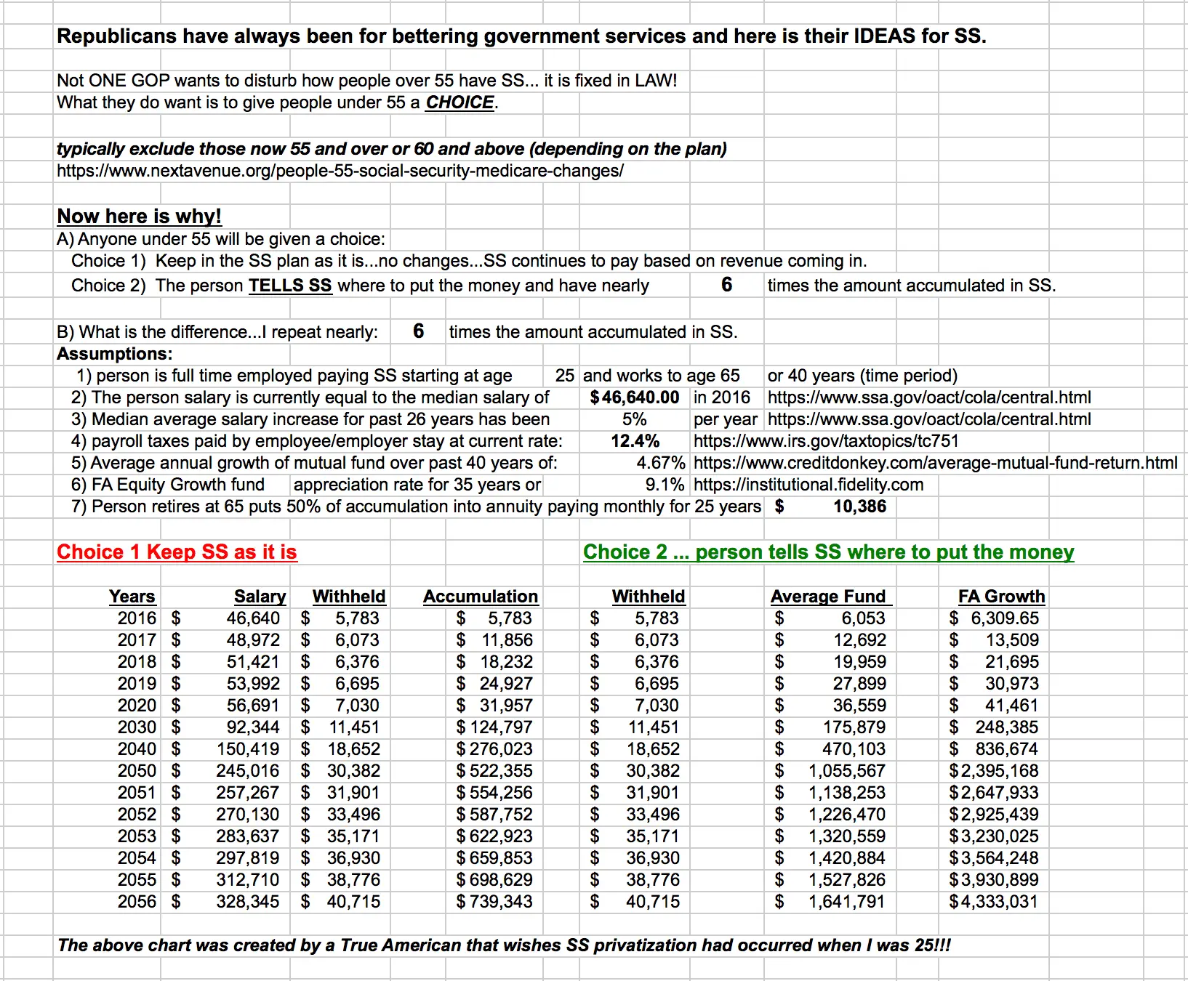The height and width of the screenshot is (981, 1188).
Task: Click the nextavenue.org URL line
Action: (x=340, y=171)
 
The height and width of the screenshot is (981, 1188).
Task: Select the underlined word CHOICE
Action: (x=459, y=102)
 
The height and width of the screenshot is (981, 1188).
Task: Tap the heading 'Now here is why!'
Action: (x=139, y=217)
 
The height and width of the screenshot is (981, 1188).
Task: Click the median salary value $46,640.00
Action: (x=635, y=397)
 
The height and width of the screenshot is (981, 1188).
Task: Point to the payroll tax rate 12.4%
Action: (x=635, y=441)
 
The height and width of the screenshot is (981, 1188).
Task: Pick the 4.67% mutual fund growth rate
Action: (x=660, y=463)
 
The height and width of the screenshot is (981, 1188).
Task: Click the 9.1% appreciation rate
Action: (x=665, y=485)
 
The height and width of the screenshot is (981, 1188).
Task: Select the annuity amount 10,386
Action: (x=859, y=506)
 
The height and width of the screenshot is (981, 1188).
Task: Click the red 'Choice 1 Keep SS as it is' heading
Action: (x=177, y=552)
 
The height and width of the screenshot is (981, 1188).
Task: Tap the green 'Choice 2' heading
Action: (x=828, y=552)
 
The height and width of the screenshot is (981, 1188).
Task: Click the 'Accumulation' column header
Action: (x=481, y=597)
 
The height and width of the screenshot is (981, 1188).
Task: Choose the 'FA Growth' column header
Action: (x=1001, y=597)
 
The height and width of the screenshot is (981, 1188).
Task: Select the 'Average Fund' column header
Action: (x=829, y=597)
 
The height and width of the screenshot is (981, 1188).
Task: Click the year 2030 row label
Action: (x=137, y=727)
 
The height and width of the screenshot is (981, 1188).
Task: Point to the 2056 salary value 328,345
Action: (x=247, y=902)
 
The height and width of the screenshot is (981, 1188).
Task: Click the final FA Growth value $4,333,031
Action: (x=994, y=902)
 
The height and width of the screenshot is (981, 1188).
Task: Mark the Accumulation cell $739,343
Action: (x=494, y=902)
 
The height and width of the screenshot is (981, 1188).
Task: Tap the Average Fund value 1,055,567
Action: (x=847, y=771)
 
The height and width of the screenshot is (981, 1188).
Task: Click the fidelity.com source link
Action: (x=808, y=485)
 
